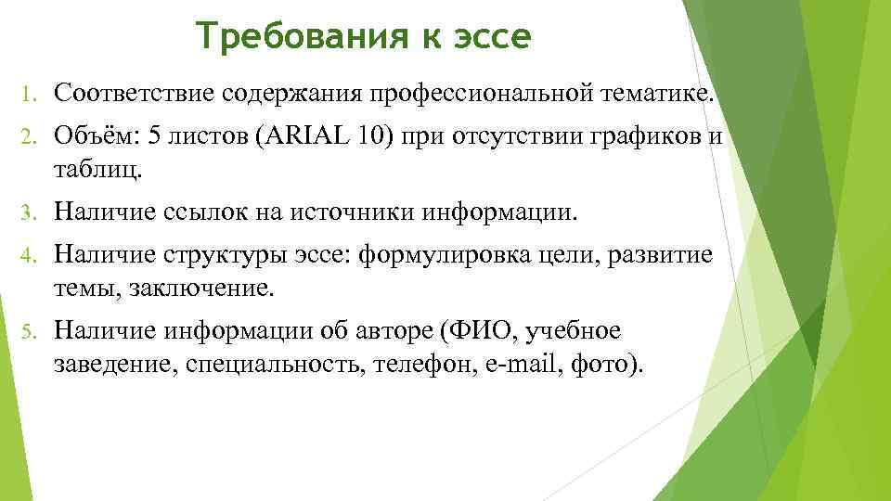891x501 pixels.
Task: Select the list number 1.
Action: pos(28,93)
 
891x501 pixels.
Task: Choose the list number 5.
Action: pos(28,331)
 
